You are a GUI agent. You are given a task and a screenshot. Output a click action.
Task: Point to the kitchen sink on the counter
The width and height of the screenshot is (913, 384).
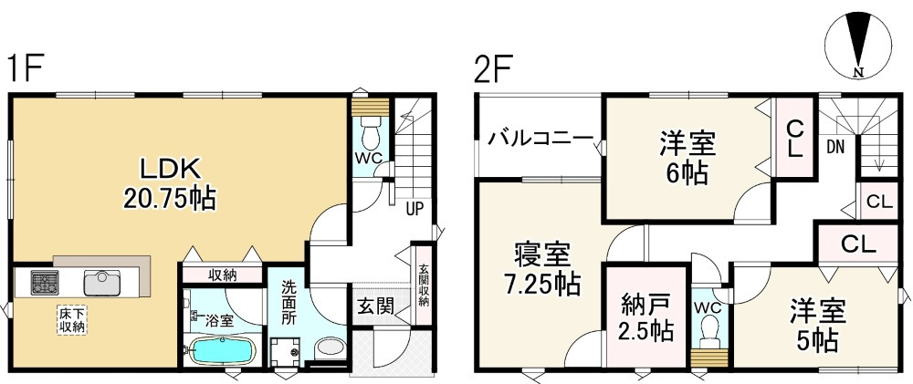[x=102, y=281]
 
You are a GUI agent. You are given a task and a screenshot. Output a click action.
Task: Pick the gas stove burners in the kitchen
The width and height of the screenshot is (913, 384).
[x=44, y=282]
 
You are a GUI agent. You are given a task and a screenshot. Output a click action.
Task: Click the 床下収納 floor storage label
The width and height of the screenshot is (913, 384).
[x=72, y=320]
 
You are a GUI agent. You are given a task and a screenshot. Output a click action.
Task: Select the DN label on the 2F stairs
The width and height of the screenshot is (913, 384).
[x=834, y=146]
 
